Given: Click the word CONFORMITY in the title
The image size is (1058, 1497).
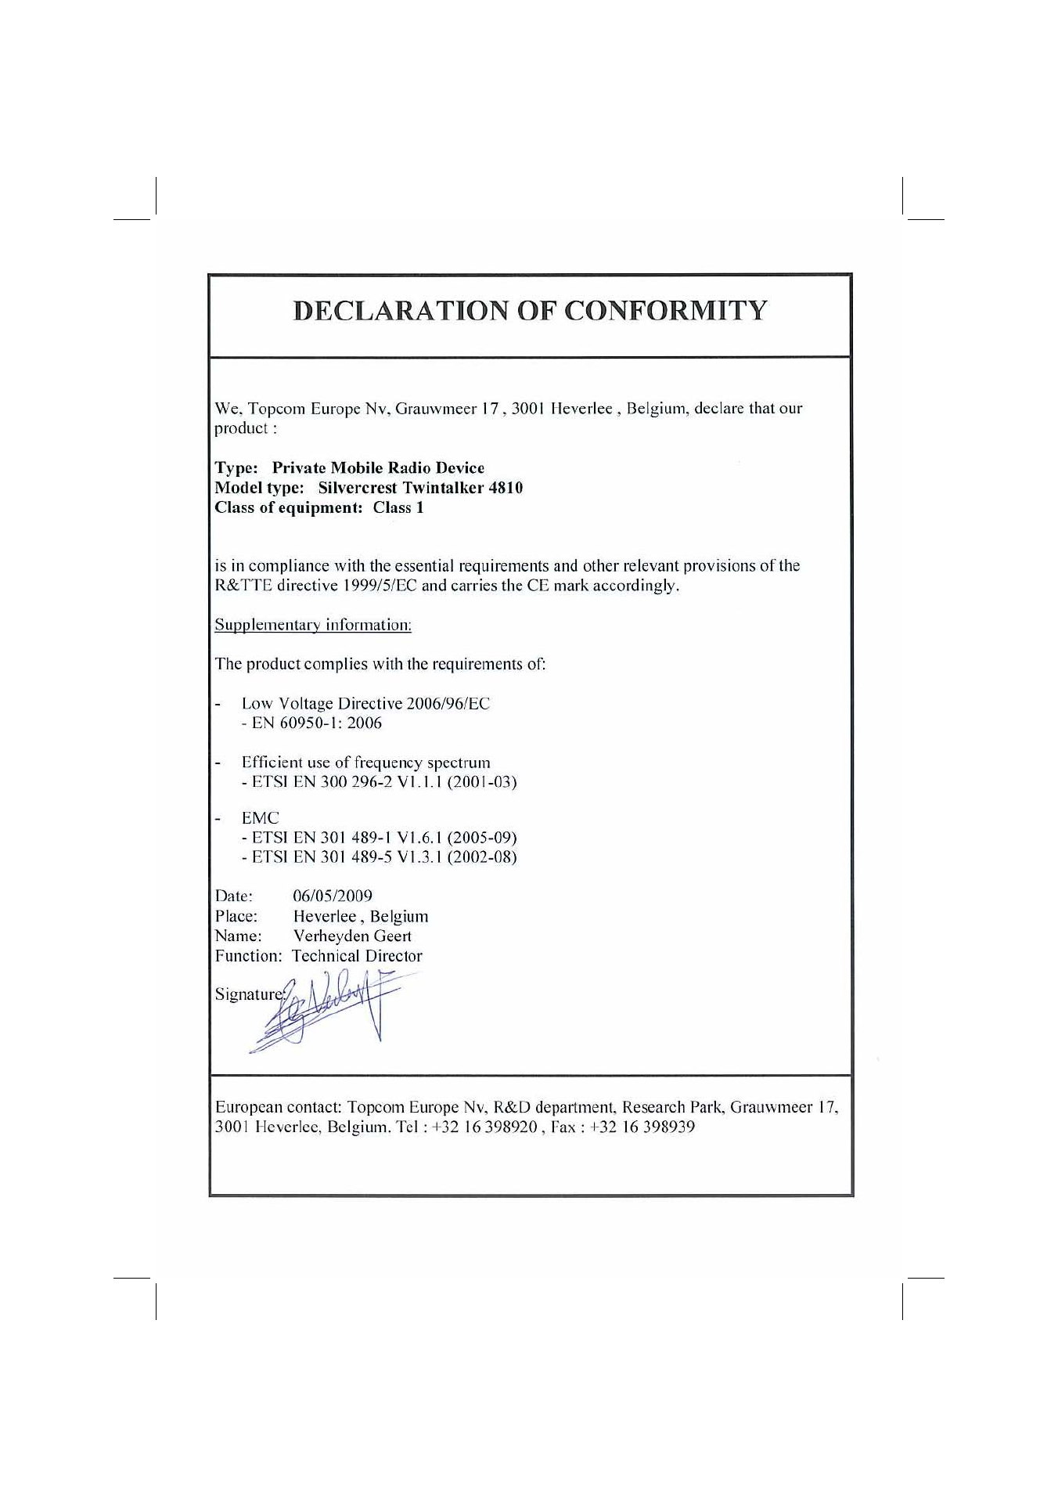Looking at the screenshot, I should [x=666, y=311].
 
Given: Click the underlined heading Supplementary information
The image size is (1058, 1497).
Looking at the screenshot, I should [x=313, y=625].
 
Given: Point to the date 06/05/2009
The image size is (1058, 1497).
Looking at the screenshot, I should [x=333, y=896].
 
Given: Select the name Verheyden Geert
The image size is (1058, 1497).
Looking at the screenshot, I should [x=352, y=936].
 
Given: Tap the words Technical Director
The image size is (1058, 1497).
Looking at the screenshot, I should [x=357, y=956].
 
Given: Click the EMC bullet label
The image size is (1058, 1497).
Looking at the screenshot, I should [x=260, y=818].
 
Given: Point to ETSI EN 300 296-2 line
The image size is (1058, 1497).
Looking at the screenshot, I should [x=379, y=782].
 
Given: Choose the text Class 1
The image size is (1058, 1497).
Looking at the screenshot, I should [x=398, y=507].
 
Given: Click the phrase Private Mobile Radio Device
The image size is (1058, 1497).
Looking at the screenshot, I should [x=378, y=468].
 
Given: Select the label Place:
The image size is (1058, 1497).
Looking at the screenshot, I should [x=236, y=916].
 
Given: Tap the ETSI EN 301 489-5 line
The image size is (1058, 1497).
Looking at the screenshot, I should [x=379, y=857].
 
